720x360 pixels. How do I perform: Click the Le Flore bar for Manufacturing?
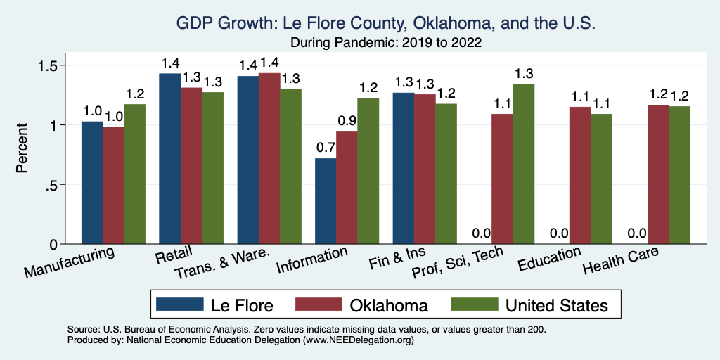click(x=92, y=183)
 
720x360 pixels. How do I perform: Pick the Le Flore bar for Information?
click(x=326, y=201)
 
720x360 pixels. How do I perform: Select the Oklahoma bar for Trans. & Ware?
click(x=269, y=158)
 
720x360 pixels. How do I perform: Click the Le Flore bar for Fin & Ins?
click(x=403, y=168)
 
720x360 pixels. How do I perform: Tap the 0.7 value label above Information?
click(x=326, y=148)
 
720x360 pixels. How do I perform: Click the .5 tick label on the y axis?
click(x=52, y=185)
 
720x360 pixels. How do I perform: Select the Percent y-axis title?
click(x=22, y=148)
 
